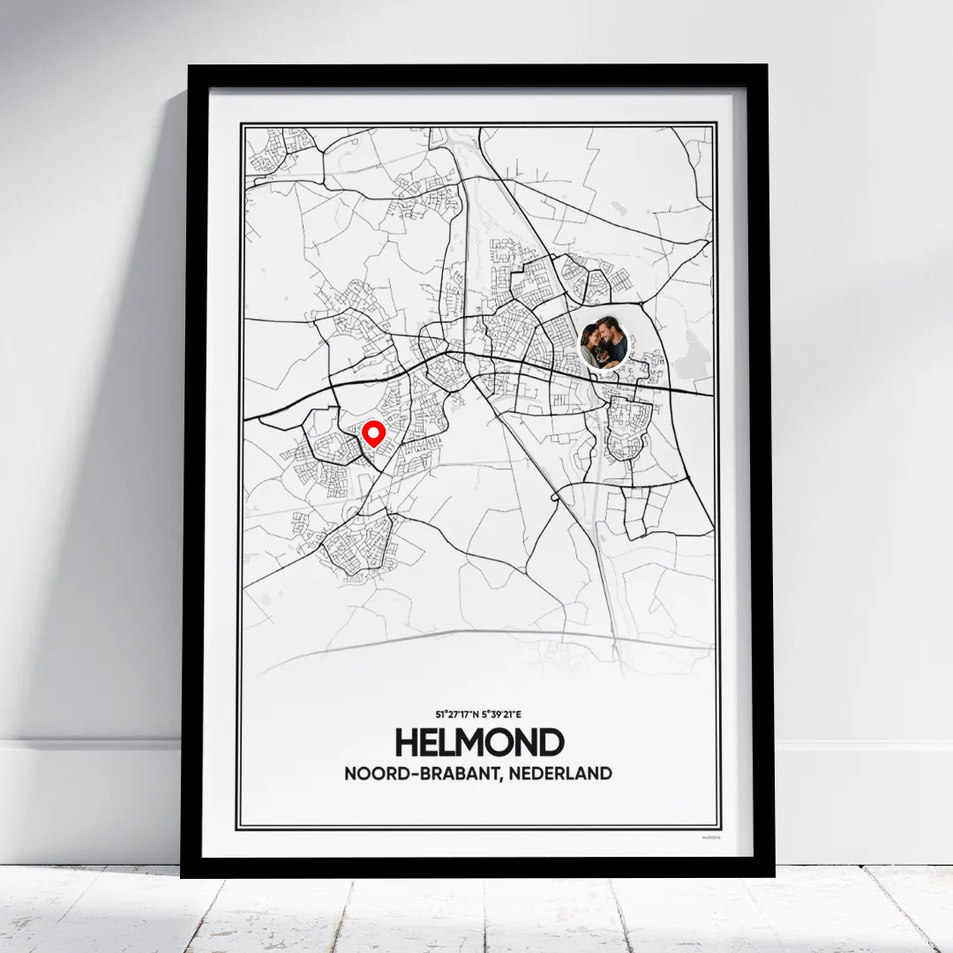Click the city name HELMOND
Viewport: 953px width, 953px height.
tap(479, 743)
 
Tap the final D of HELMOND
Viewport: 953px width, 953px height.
tap(552, 743)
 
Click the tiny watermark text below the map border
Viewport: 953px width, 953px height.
tap(710, 837)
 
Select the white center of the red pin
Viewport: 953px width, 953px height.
tap(374, 432)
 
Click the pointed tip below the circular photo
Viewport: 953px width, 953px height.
tap(604, 370)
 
